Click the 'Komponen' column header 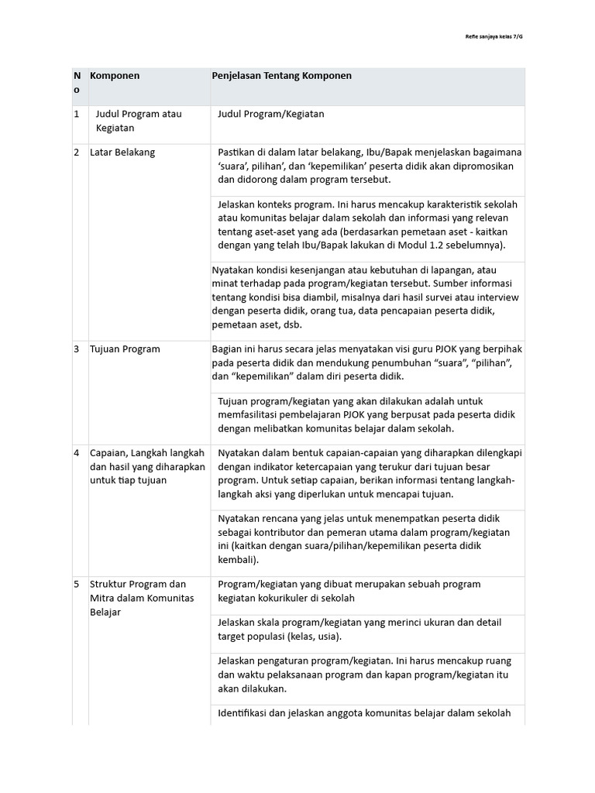(x=115, y=76)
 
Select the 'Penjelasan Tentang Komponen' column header (x=282, y=76)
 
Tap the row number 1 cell (x=77, y=115)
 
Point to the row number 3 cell (x=77, y=349)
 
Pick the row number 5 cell (x=77, y=584)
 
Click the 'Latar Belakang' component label (x=122, y=153)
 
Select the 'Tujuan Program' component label (x=125, y=349)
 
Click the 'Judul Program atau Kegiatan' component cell (x=138, y=122)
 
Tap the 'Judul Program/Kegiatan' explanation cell (x=271, y=115)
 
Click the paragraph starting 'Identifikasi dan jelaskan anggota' (x=364, y=713)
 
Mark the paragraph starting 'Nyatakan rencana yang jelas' (x=364, y=539)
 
